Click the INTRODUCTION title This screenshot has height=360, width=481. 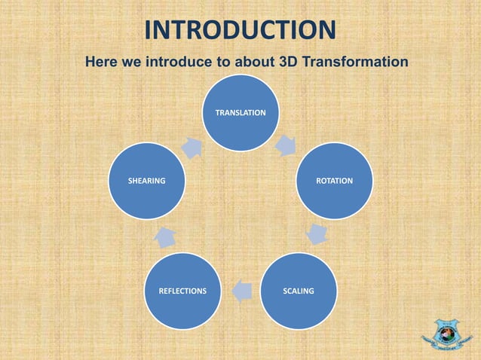[240, 30]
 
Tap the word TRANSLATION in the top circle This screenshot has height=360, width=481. [240, 112]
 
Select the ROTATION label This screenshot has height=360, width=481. [334, 182]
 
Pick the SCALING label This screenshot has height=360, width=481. [299, 291]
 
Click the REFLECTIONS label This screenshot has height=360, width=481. [182, 291]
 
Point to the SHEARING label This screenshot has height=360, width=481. [146, 182]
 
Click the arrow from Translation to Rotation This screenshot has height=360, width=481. [286, 145]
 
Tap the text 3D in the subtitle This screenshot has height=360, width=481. [288, 60]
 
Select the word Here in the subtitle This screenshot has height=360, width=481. [101, 60]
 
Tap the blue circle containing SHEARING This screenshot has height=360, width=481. [146, 182]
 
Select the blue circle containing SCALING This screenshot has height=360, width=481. [299, 291]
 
